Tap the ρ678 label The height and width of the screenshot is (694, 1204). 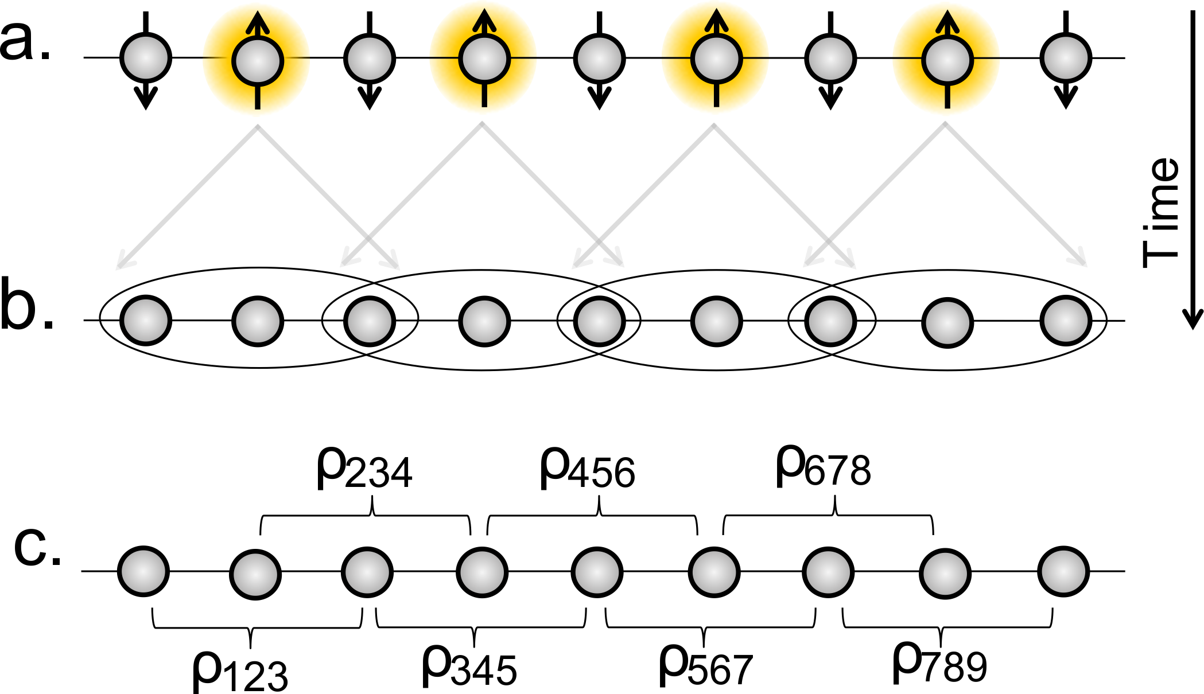[x=823, y=467]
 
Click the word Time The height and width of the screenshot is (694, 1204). [x=1160, y=212]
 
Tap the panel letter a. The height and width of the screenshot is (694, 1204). [x=26, y=40]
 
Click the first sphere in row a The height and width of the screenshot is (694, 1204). [x=146, y=58]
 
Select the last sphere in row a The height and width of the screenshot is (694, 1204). [x=1066, y=58]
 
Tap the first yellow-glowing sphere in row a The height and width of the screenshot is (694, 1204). [x=258, y=60]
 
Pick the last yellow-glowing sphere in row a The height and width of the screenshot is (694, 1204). [x=947, y=60]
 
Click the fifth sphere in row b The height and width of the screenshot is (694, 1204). [x=599, y=321]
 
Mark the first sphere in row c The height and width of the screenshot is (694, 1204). [x=143, y=571]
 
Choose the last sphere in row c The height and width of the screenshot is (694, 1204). [x=1063, y=571]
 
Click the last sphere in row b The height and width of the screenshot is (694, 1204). [x=1066, y=321]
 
